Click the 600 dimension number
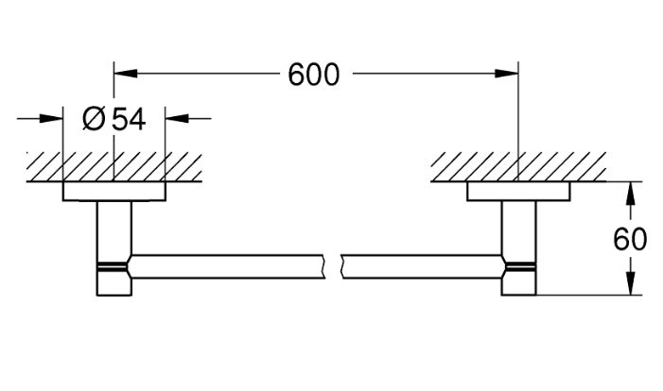(x=313, y=75)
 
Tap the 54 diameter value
(x=129, y=119)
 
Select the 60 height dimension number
(x=630, y=239)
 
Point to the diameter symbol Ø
(x=94, y=119)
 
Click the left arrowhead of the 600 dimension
(x=126, y=74)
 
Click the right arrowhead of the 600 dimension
(x=507, y=74)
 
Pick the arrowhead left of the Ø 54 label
(x=51, y=119)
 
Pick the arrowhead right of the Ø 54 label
(x=177, y=119)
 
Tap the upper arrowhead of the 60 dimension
(x=631, y=194)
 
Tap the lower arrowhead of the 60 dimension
(x=631, y=283)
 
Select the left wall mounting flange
(x=113, y=192)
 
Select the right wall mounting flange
(x=518, y=192)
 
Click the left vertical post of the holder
(x=114, y=247)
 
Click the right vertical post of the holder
(x=519, y=247)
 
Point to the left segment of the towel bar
(x=227, y=266)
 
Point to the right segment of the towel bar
(x=423, y=266)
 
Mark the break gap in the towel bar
(x=333, y=266)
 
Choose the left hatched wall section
(x=114, y=167)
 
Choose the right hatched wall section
(x=518, y=167)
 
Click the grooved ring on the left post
(x=112, y=266)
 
